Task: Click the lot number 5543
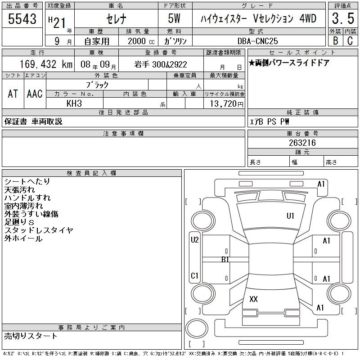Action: [x=22, y=18]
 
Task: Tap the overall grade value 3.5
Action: [x=343, y=18]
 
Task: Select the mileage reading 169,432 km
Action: [x=46, y=64]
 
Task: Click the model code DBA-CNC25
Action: [x=257, y=41]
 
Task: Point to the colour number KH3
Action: [x=74, y=103]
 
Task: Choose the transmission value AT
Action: [x=13, y=94]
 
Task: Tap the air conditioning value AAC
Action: [x=35, y=94]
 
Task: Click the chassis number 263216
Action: [x=302, y=143]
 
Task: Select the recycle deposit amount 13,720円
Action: [x=227, y=104]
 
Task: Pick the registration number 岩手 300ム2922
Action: [x=161, y=64]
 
